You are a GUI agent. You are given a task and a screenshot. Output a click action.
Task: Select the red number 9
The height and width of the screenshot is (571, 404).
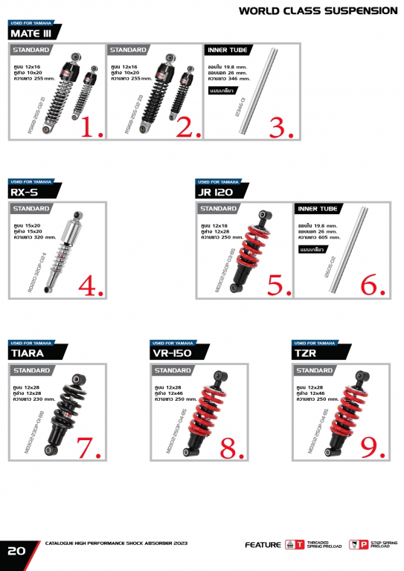(x=373, y=444)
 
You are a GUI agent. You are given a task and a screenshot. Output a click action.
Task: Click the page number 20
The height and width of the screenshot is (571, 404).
(x=16, y=552)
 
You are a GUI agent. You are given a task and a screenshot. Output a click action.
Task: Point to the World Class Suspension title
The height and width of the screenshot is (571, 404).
(x=318, y=10)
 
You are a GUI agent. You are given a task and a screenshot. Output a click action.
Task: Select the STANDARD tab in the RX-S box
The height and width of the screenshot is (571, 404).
(x=31, y=209)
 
